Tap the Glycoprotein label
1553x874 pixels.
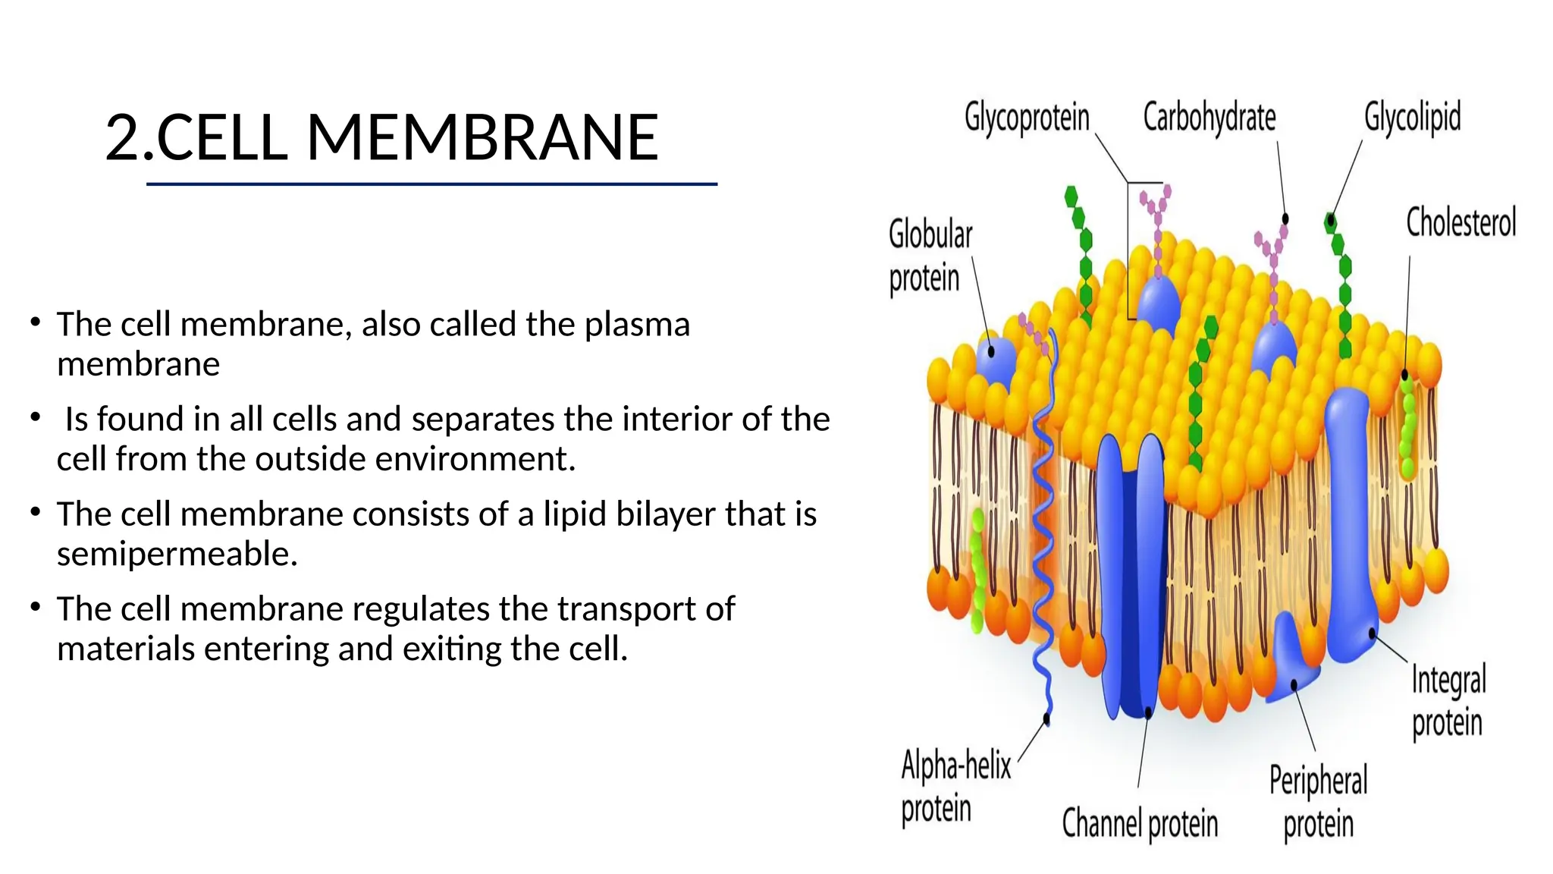(1027, 118)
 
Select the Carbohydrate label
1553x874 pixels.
(1209, 118)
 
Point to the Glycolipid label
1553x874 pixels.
(1412, 118)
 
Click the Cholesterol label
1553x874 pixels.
(1460, 222)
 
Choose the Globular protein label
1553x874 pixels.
(930, 256)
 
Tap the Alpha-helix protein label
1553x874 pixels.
(955, 786)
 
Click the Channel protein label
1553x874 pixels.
(1140, 823)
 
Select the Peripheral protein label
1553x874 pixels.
(1319, 802)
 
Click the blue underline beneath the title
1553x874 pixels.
(431, 184)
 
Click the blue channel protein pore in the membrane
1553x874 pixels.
(1131, 577)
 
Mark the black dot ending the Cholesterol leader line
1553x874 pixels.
(1405, 375)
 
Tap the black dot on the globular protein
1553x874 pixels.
(990, 352)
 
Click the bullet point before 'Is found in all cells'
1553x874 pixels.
(35, 417)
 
